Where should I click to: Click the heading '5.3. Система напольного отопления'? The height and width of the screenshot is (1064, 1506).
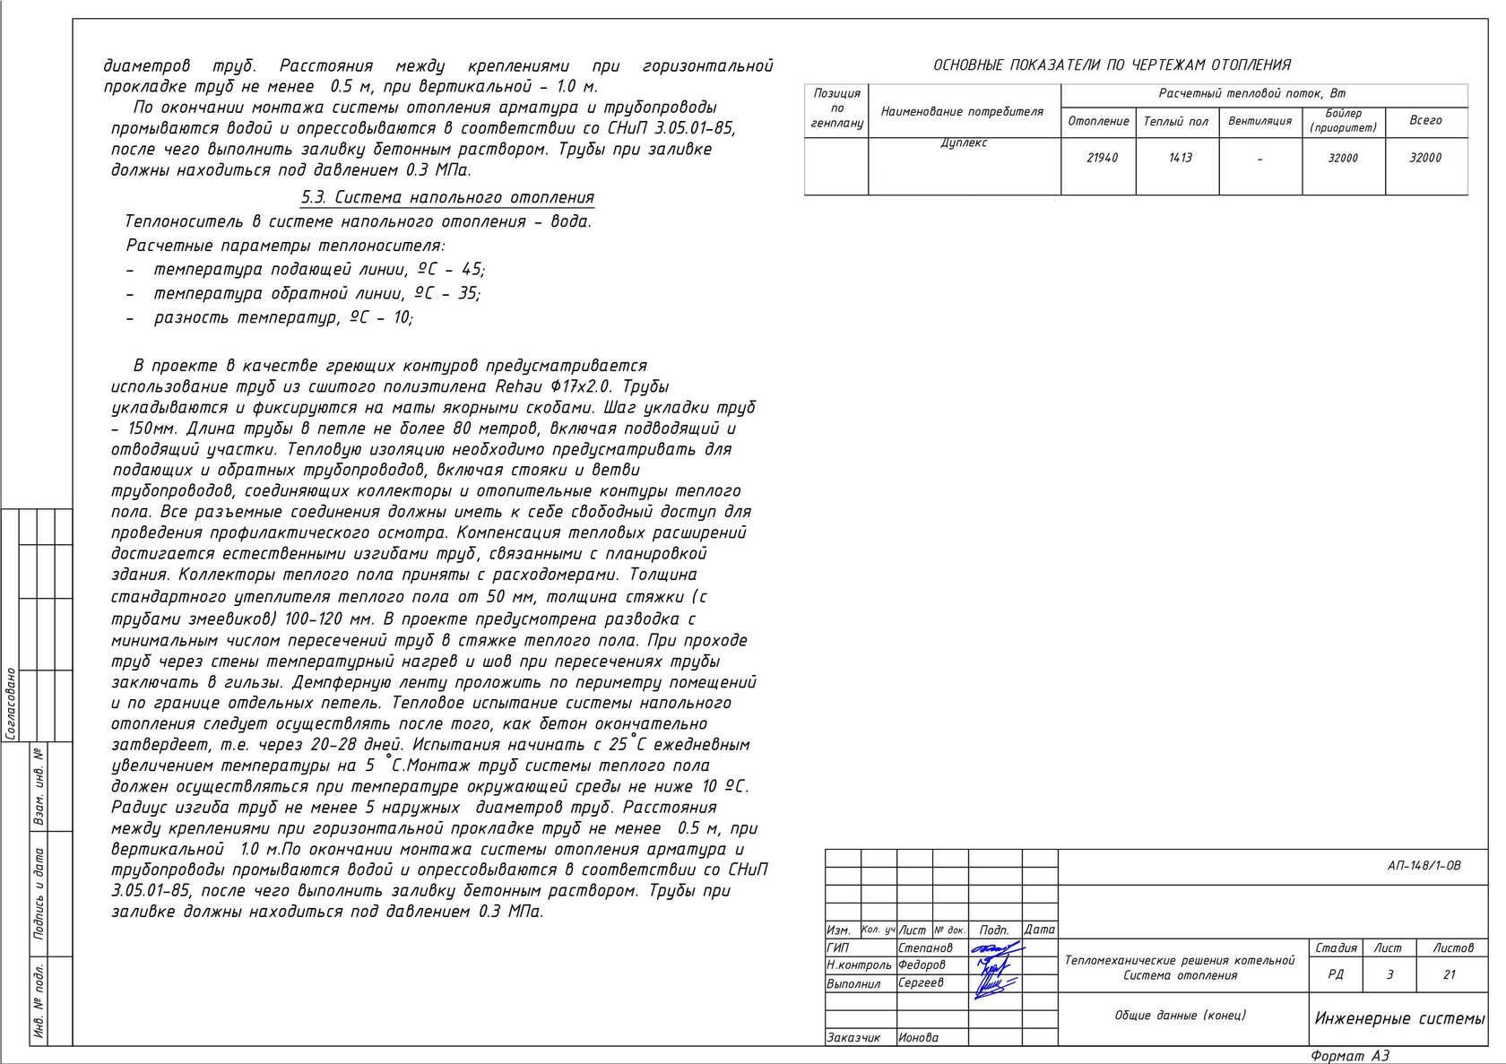[x=447, y=197]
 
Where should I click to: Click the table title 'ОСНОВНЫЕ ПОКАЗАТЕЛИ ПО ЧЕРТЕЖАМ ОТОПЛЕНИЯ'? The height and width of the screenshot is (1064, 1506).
[x=1112, y=65]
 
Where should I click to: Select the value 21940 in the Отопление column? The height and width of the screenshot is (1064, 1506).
[x=1102, y=158]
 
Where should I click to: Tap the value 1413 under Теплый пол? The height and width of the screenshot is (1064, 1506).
[x=1181, y=158]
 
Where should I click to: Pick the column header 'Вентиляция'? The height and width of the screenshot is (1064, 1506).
[x=1259, y=121]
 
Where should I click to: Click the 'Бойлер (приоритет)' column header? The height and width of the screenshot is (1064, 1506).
[x=1343, y=121]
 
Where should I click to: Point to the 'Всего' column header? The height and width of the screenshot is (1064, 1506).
[x=1425, y=120]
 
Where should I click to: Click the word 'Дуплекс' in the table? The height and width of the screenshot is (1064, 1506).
[x=964, y=143]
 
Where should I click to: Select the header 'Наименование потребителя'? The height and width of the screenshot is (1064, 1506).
[x=962, y=112]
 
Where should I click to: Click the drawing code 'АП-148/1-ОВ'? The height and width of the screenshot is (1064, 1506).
[x=1424, y=866]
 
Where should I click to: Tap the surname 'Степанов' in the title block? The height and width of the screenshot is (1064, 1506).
[x=925, y=947]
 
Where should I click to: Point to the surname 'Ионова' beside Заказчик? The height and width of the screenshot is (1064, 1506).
[x=918, y=1037]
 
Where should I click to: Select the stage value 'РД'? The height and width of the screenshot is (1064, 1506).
[x=1335, y=974]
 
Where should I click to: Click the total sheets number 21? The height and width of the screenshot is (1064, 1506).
[x=1449, y=974]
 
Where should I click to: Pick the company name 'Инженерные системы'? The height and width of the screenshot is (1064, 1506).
[x=1399, y=1018]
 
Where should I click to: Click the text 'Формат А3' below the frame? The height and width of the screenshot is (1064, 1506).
[x=1349, y=1056]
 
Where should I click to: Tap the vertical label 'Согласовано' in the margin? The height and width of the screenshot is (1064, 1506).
[x=11, y=704]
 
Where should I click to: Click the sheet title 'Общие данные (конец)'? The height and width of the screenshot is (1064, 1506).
[x=1180, y=1016]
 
